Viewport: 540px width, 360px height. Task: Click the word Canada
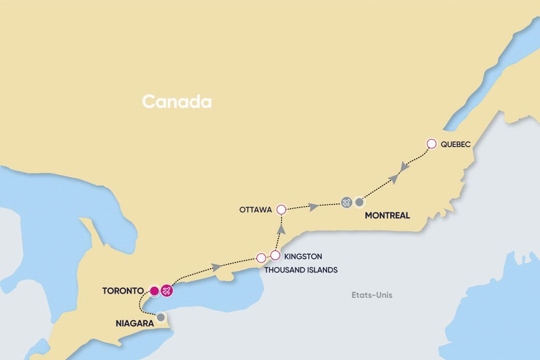pos(176,102)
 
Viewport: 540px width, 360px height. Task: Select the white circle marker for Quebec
pos(431,143)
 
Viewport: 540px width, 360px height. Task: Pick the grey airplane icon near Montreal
pos(346,201)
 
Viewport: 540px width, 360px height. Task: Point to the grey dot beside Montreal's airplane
pos(359,201)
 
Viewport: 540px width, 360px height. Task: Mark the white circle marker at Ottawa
pos(281,210)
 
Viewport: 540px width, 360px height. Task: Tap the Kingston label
pos(302,257)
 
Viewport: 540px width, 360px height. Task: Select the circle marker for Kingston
pos(275,255)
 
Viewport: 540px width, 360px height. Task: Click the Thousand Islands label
pos(301,269)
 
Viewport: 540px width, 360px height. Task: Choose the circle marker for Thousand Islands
pos(261,258)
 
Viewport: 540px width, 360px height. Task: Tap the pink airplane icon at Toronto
pos(167,290)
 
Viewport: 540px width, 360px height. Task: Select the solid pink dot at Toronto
pos(154,290)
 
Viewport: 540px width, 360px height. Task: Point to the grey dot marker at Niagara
pos(161,317)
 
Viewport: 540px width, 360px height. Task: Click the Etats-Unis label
pos(371,295)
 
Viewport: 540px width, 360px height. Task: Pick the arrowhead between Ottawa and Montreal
pos(314,207)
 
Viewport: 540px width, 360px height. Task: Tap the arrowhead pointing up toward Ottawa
pos(281,229)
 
